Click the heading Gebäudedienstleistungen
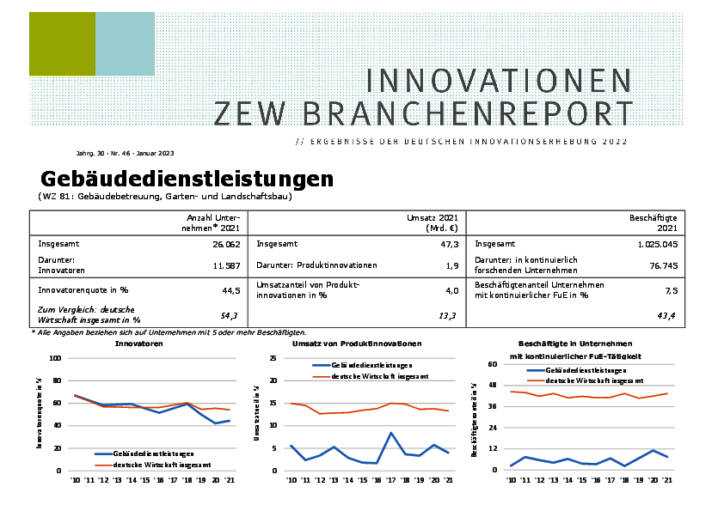186,179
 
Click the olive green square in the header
62,44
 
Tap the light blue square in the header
125,44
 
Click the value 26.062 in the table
225,244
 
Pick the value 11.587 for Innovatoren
225,265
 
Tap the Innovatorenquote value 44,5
230,291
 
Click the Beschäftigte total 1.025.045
653,244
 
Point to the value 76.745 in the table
664,265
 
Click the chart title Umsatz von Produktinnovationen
357,344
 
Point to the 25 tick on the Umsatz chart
273,358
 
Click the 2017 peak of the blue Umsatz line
391,433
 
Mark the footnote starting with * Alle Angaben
169,332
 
